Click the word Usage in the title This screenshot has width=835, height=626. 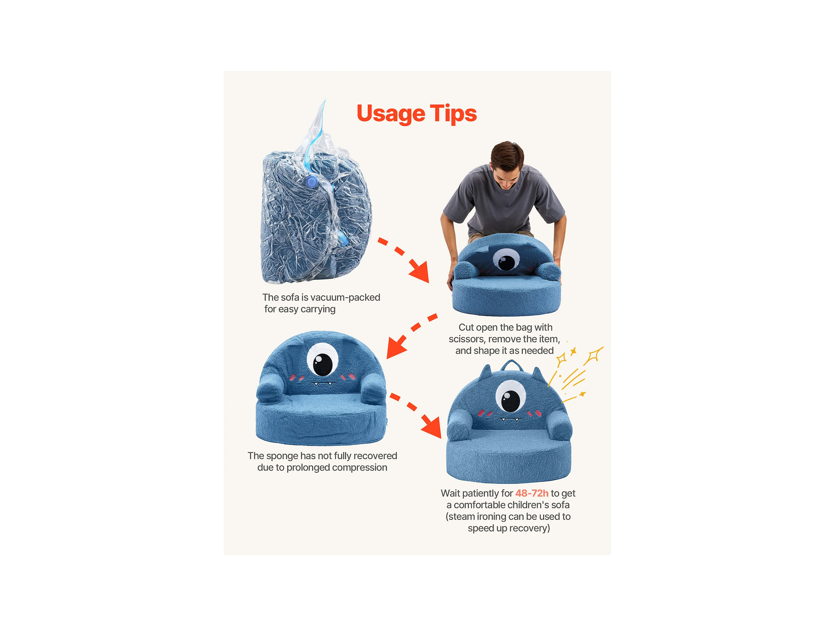[x=391, y=114]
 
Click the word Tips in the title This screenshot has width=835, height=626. [x=453, y=114]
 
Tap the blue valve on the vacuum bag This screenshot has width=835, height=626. [x=311, y=182]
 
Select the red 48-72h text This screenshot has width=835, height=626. [x=532, y=493]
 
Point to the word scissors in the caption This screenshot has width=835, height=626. [x=466, y=339]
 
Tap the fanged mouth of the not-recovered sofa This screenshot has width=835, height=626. [x=323, y=384]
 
